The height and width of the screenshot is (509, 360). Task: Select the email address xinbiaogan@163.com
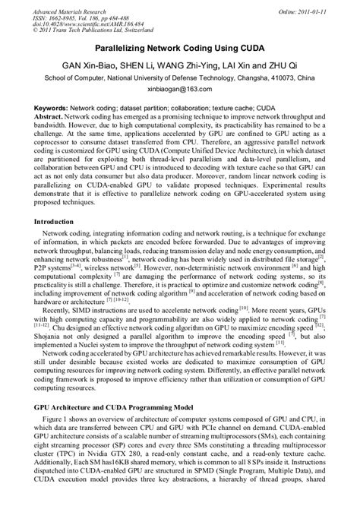[x=180, y=88]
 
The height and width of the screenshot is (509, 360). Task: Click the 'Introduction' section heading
[x=61, y=222]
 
